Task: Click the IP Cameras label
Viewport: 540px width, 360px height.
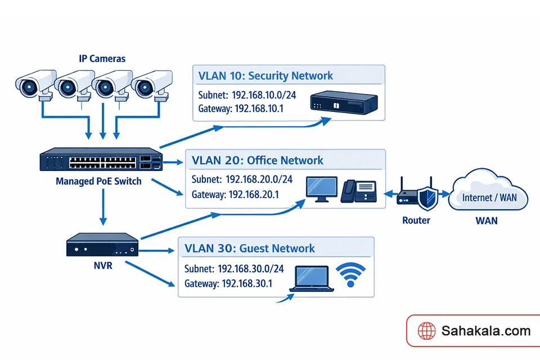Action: pyautogui.click(x=102, y=58)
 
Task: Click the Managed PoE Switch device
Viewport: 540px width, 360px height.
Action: pyautogui.click(x=101, y=161)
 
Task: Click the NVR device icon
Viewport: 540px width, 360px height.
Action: pyautogui.click(x=102, y=246)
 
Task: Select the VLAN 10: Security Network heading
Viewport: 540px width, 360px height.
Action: pyautogui.click(x=265, y=76)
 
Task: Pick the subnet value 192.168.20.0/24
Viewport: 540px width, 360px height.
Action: pyautogui.click(x=259, y=179)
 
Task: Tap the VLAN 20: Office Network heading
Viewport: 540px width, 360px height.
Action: pyautogui.click(x=258, y=160)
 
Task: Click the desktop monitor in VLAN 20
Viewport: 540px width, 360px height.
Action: pyautogui.click(x=321, y=188)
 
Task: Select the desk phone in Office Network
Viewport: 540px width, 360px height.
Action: pyautogui.click(x=358, y=191)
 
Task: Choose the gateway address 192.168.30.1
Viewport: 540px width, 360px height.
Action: pyautogui.click(x=247, y=283)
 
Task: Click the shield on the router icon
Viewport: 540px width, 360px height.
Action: pyautogui.click(x=429, y=198)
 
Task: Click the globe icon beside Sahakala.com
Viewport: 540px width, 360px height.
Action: pyautogui.click(x=426, y=331)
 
